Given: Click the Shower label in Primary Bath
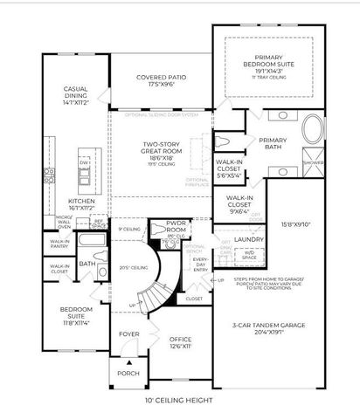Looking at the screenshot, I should click(312, 162).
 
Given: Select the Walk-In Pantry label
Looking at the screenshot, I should click(59, 244).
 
